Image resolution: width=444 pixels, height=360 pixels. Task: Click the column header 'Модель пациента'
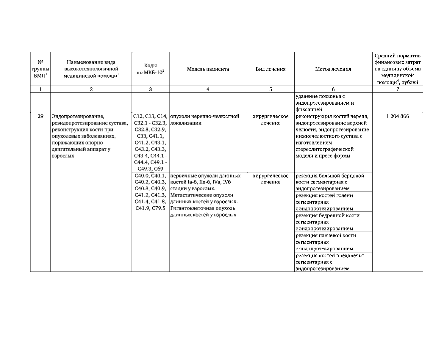click(208, 69)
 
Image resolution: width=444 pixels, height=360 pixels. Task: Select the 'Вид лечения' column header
click(271, 69)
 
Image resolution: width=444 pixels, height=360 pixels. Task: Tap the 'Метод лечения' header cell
click(333, 69)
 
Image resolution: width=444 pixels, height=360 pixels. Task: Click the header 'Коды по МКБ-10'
click(150, 69)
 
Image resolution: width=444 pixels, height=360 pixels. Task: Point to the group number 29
click(40, 117)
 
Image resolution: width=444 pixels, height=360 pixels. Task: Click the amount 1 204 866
click(398, 117)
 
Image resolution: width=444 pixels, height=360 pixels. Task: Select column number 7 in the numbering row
click(398, 89)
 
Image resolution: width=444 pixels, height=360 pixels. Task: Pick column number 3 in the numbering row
click(150, 89)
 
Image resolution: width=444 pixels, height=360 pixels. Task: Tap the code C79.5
click(158, 208)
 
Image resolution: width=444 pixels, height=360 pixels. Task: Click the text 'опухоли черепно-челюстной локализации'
click(205, 120)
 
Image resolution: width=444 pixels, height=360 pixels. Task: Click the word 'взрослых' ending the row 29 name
click(63, 156)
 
